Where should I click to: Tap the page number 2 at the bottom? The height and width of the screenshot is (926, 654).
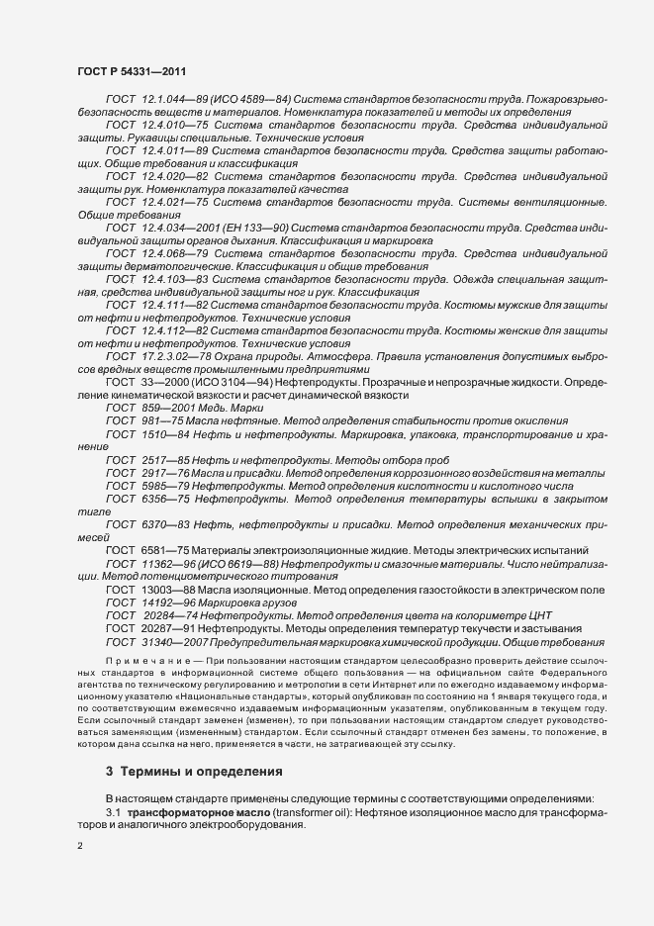[x=79, y=847]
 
